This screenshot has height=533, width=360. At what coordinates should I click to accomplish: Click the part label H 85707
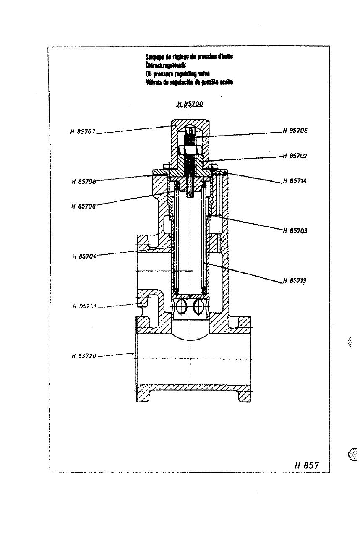tap(83, 131)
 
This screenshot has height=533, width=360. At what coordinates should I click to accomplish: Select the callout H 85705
tap(295, 131)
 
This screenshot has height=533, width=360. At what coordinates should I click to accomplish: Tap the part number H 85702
tap(295, 156)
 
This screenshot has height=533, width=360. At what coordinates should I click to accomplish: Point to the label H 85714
tap(295, 181)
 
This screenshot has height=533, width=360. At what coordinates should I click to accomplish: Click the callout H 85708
tap(83, 182)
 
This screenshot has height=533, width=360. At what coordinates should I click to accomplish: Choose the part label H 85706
tap(83, 206)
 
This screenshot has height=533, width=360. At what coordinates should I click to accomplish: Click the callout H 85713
tap(295, 281)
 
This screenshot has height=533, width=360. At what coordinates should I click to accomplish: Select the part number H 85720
tap(84, 356)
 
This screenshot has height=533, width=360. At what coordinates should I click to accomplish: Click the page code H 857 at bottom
tap(307, 465)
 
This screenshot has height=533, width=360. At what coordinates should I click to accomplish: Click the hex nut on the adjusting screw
tap(190, 150)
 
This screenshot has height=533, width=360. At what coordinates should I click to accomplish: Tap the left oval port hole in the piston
tap(181, 307)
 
